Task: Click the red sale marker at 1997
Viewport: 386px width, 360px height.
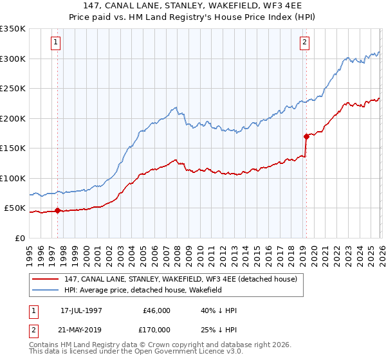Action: [58, 210]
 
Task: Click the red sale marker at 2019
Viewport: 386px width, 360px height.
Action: [306, 136]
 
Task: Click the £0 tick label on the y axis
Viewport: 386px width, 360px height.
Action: [19, 238]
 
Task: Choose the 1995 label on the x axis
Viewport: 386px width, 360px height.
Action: [30, 253]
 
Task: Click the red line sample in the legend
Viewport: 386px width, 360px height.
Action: [45, 279]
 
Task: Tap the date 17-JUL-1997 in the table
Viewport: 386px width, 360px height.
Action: [81, 310]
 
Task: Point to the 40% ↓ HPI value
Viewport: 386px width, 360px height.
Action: [219, 310]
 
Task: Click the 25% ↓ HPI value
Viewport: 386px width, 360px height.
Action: [219, 329]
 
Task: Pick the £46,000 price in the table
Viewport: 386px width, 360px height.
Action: [156, 310]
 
